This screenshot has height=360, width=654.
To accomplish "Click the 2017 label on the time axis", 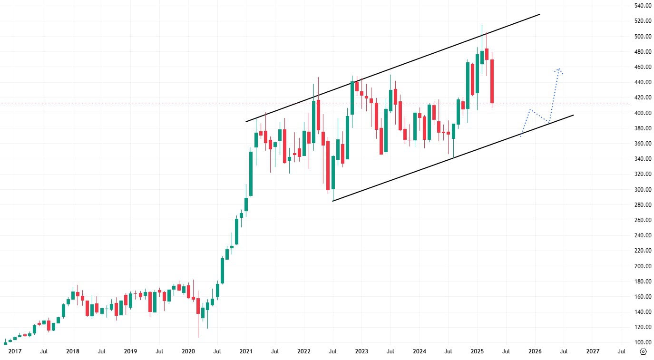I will tap(15, 352).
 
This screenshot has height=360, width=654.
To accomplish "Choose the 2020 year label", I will tap(188, 352).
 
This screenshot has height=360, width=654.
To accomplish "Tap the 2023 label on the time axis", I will tap(361, 352).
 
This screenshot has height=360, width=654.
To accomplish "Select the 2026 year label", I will tap(535, 352).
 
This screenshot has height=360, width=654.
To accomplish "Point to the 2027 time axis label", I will tap(593, 352).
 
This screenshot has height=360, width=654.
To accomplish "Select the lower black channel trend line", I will tap(452, 158).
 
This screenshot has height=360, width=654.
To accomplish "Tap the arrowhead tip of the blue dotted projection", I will tap(559, 68).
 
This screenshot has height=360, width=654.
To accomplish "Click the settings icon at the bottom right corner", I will tap(643, 352).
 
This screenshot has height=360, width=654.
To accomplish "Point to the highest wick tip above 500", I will tap(482, 25).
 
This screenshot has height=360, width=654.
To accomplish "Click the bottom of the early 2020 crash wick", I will tap(198, 337).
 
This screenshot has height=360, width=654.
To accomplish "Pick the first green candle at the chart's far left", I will tap(5, 343).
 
